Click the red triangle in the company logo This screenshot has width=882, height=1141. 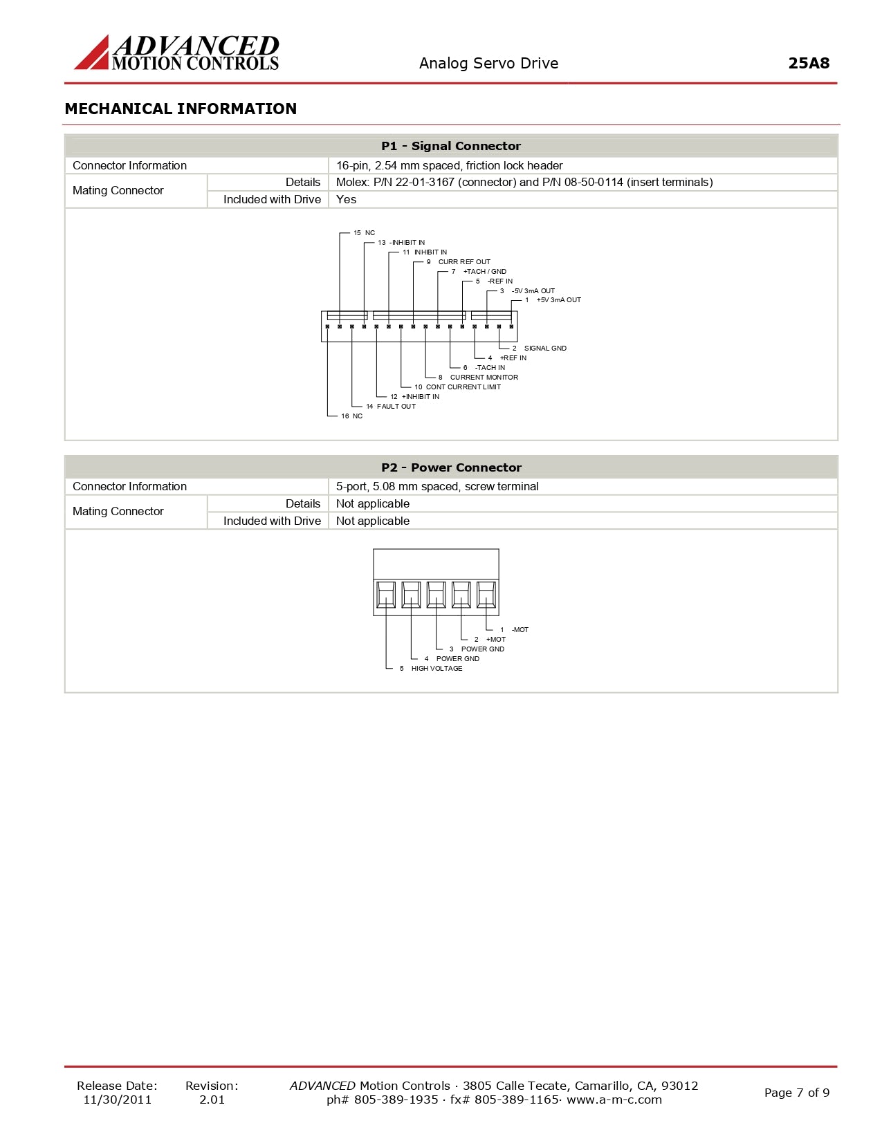(93, 56)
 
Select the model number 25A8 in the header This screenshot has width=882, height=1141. (808, 63)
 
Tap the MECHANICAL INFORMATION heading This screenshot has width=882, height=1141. (181, 109)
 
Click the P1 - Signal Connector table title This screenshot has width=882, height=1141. (451, 146)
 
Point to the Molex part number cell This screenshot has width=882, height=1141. (524, 182)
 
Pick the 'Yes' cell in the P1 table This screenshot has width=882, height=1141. (346, 199)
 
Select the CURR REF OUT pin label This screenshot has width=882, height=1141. (463, 262)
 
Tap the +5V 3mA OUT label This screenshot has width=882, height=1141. (558, 300)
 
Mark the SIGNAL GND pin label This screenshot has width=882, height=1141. (544, 349)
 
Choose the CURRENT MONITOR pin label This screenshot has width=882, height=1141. (484, 378)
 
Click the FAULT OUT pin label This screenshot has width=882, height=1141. (396, 407)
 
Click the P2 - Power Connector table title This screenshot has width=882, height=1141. (451, 467)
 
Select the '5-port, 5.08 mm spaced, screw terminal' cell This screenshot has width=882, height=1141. (437, 486)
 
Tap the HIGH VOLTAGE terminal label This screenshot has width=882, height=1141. (437, 669)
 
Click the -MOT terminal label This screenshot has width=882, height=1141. (520, 630)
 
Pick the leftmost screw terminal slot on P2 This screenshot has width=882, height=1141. (386, 595)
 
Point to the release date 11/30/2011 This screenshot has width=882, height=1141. (117, 1100)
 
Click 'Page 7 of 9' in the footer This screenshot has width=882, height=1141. (796, 1093)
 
